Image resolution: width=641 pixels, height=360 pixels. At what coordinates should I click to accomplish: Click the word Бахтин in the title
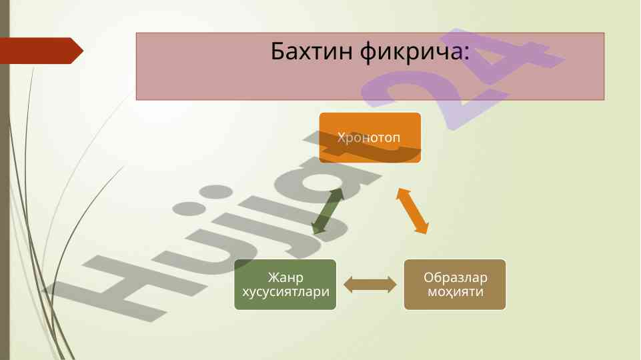(311, 51)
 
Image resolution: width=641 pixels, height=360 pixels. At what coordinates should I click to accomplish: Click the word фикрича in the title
(412, 52)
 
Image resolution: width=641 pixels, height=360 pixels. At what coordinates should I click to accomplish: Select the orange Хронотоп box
(370, 138)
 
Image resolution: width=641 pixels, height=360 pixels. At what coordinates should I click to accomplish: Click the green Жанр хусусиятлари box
(285, 285)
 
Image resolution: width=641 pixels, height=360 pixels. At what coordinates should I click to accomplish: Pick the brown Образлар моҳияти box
(455, 285)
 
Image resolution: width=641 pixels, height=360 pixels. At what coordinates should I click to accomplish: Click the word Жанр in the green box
(285, 277)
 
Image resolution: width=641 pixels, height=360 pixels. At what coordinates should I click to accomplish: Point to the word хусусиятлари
(285, 292)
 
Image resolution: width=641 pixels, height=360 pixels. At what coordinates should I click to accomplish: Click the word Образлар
(456, 277)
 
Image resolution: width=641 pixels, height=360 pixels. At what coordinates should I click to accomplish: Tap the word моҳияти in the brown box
(456, 292)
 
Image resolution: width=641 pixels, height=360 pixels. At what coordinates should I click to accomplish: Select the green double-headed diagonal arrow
(328, 211)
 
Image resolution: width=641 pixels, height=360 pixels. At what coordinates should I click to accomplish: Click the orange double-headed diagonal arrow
(412, 211)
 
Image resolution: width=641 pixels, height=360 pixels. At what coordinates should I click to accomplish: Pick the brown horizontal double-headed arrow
(370, 285)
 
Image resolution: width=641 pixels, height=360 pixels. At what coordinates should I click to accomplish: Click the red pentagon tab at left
(41, 51)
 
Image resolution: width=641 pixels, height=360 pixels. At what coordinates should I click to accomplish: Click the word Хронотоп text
(369, 138)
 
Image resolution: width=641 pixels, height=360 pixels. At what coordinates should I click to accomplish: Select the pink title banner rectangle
(370, 66)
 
